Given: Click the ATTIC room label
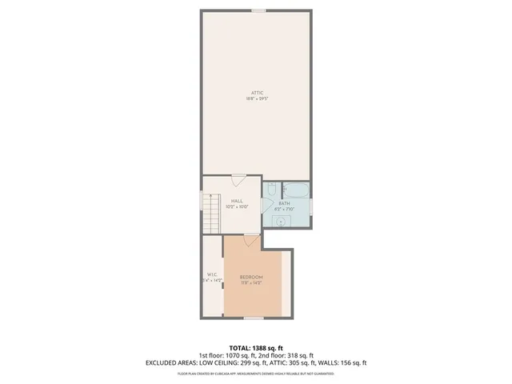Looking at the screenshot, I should (256, 94).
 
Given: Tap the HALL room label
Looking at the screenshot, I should (238, 202).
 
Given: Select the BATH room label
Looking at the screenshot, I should (284, 203).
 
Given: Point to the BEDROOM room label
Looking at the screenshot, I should (251, 277).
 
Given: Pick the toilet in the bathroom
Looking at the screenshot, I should (273, 189).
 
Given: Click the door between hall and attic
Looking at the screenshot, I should (238, 178).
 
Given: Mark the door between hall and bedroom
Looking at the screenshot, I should (250, 238).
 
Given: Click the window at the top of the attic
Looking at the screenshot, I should (258, 10).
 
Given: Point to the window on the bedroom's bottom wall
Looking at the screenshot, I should (254, 318).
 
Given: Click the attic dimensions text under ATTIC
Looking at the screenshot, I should (256, 99).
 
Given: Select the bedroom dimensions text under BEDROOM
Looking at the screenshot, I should (251, 282).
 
